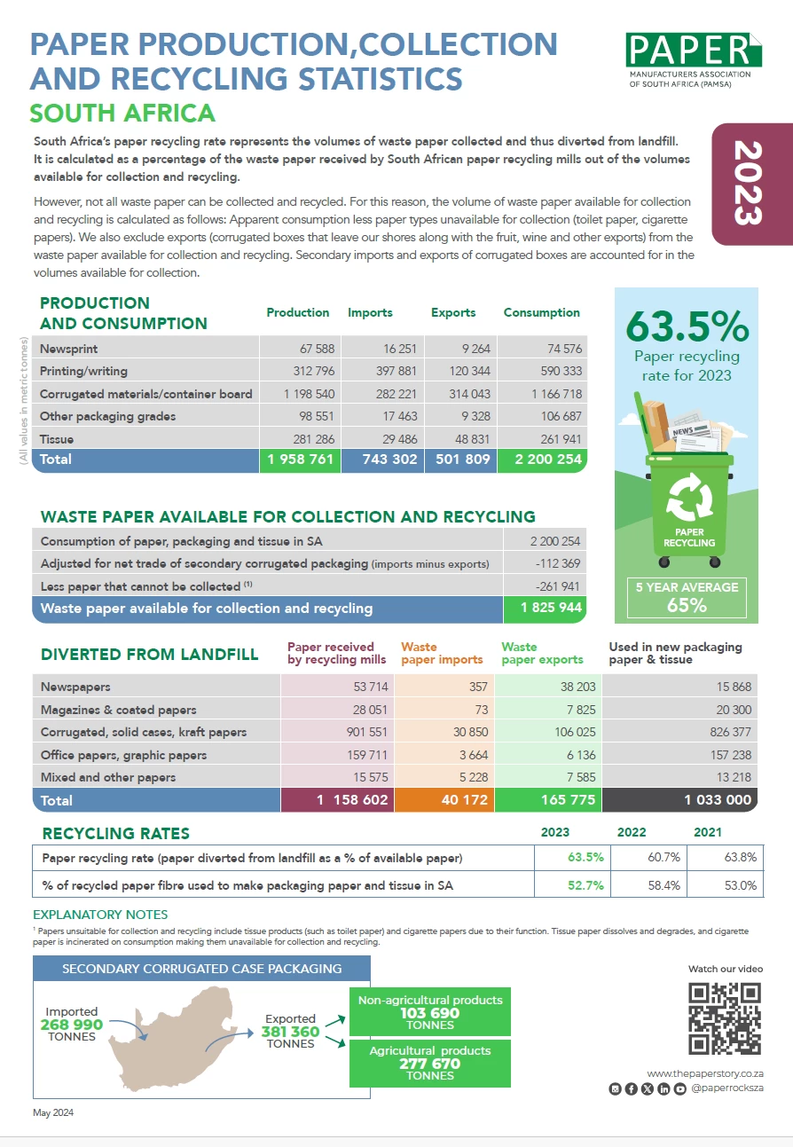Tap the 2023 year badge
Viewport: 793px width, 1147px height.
point(750,184)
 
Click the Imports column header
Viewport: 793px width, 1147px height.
point(370,313)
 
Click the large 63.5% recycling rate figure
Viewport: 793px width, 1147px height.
point(686,327)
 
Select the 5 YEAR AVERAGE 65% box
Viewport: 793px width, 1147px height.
point(686,596)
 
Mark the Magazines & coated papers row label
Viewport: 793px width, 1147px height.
point(119,710)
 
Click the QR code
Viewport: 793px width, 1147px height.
point(724,1018)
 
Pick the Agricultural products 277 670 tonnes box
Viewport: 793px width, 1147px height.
point(429,1063)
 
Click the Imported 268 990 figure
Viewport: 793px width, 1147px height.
point(72,1025)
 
